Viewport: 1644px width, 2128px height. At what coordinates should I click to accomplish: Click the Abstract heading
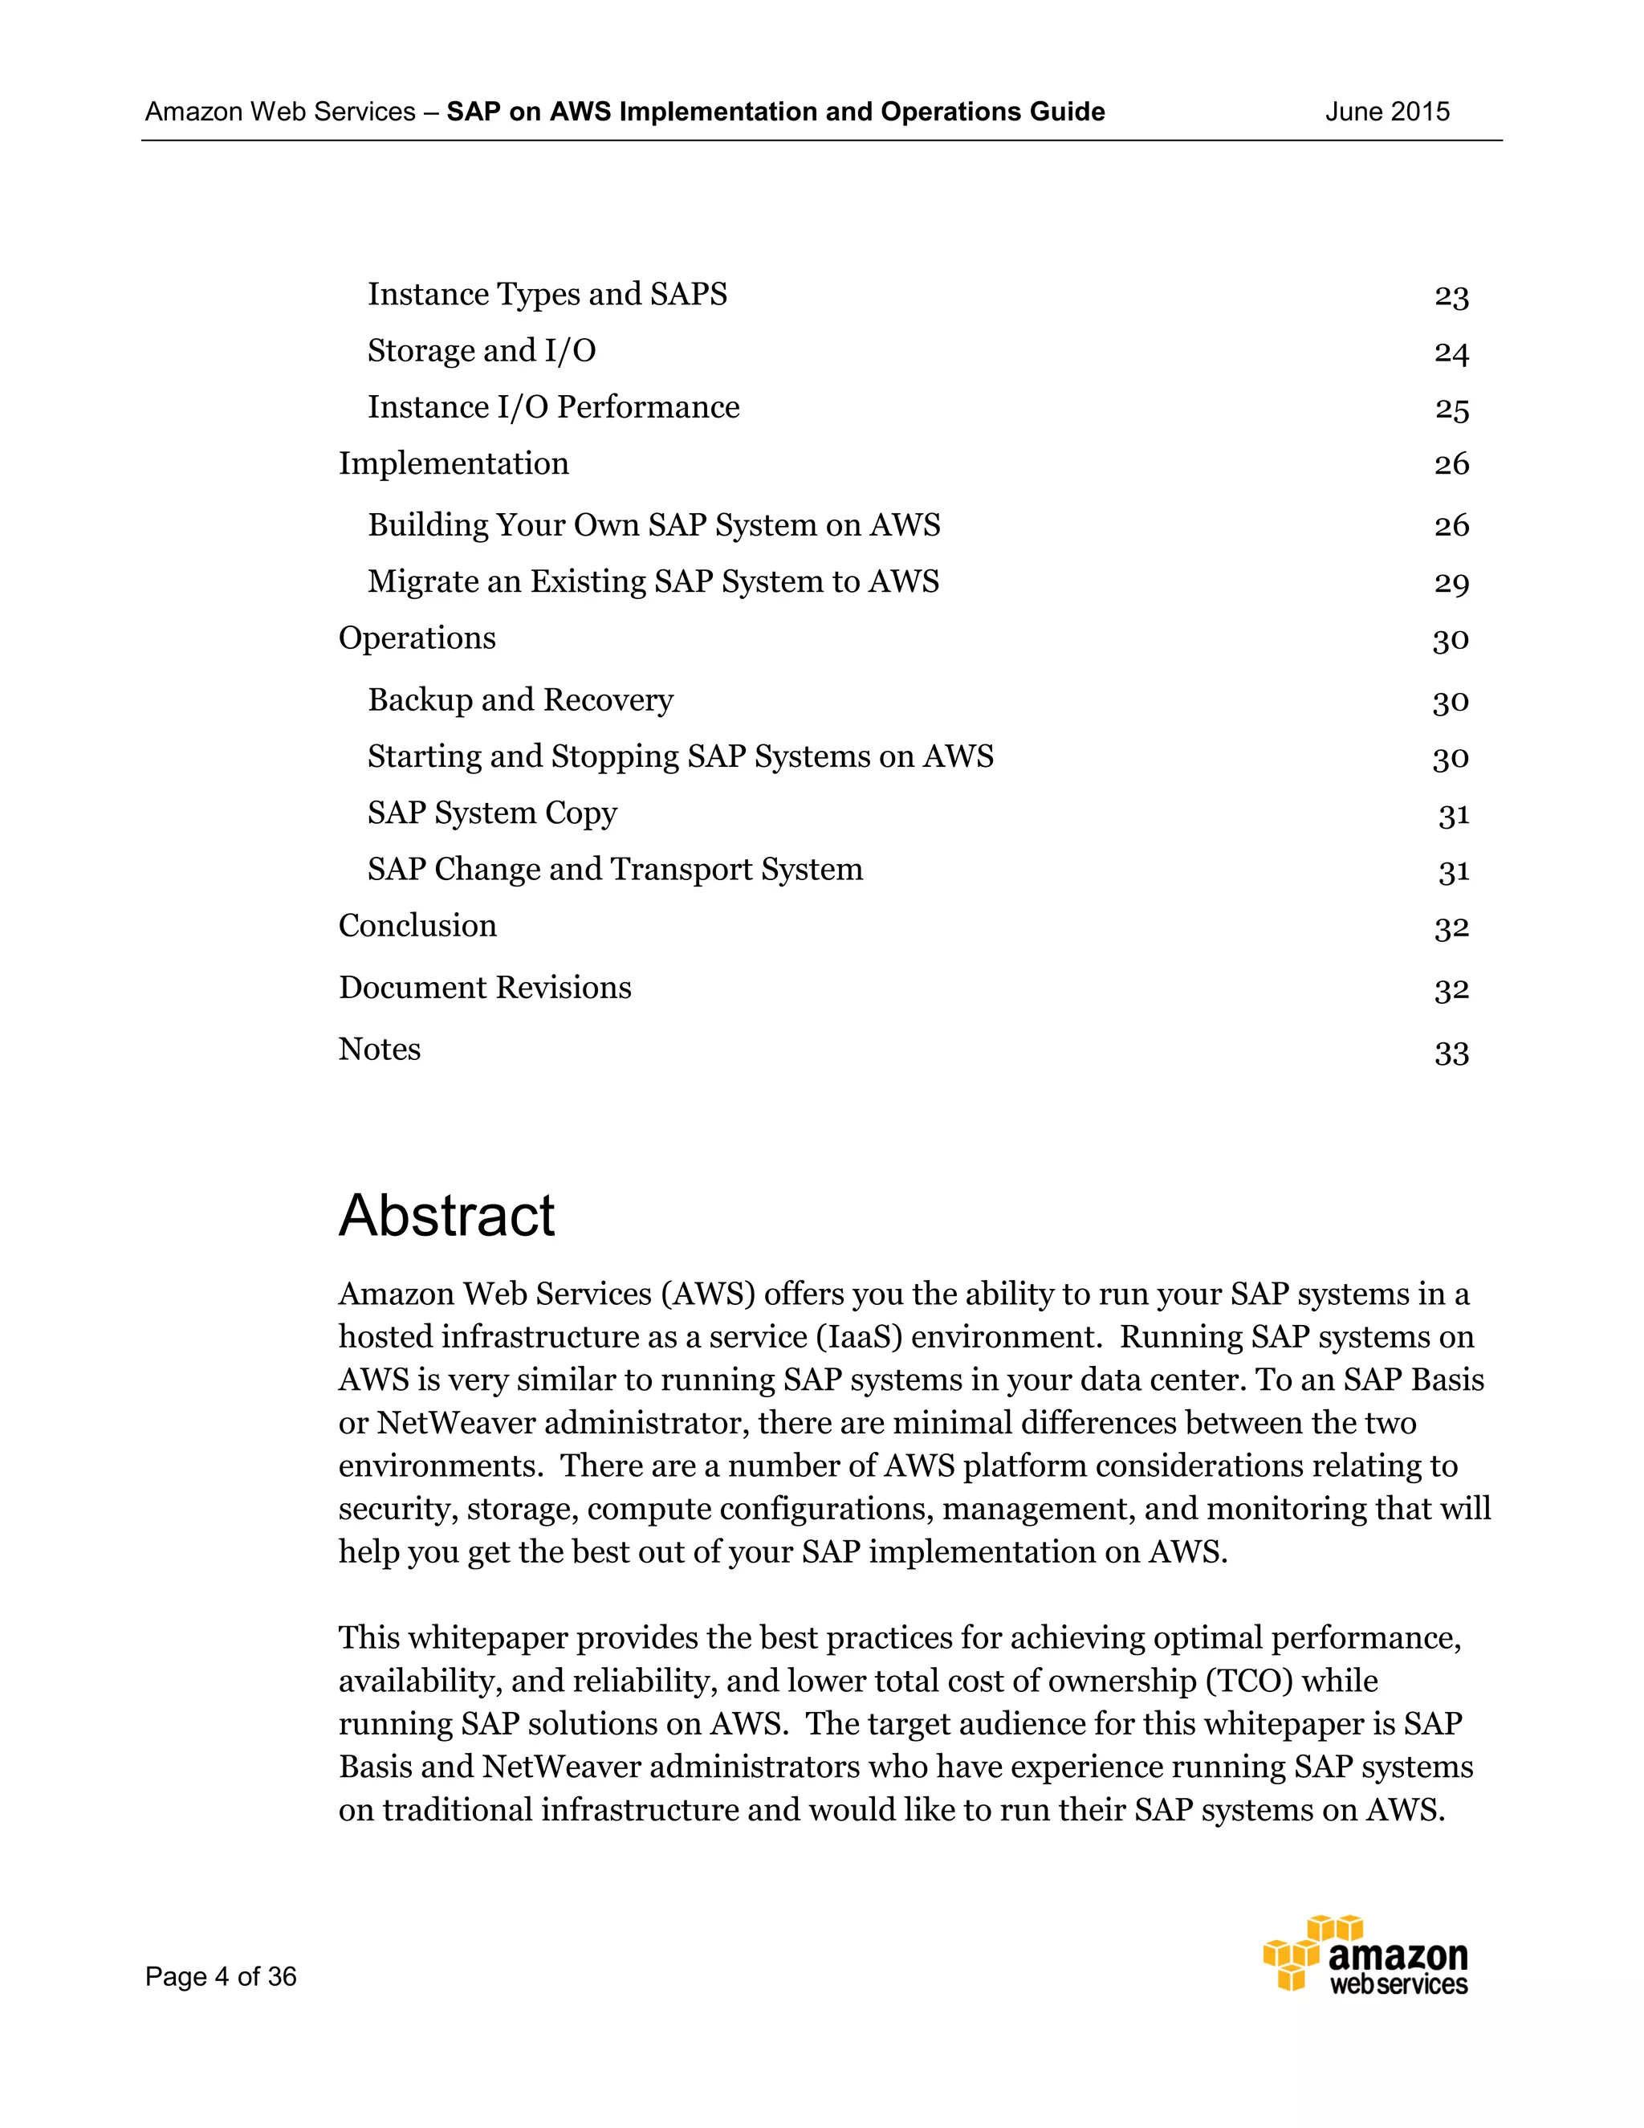click(x=446, y=1215)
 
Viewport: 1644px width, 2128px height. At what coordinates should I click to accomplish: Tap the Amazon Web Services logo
click(x=1365, y=1954)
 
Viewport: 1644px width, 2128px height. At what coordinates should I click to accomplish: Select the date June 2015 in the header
click(x=1387, y=112)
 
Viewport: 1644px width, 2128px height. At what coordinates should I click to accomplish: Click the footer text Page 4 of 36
click(x=221, y=1976)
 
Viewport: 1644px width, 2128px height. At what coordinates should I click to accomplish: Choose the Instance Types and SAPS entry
click(x=547, y=294)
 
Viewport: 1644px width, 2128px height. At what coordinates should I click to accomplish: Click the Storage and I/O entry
click(x=481, y=351)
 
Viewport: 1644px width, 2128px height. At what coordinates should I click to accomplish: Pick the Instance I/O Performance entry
click(x=553, y=407)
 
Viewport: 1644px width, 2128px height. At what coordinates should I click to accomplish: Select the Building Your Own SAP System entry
click(x=653, y=525)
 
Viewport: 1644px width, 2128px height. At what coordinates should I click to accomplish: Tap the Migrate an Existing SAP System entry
click(x=653, y=581)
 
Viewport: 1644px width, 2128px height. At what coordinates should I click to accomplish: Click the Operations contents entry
click(x=417, y=638)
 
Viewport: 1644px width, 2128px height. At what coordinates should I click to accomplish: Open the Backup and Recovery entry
click(x=520, y=699)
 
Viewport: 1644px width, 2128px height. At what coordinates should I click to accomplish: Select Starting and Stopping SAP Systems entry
click(x=680, y=756)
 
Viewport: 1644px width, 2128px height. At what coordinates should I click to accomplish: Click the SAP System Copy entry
click(x=492, y=813)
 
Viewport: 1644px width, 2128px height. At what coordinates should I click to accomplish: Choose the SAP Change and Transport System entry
click(x=615, y=869)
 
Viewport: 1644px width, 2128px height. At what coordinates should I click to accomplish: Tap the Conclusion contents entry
click(x=417, y=926)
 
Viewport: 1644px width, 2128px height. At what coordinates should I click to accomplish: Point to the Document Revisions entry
click(x=485, y=988)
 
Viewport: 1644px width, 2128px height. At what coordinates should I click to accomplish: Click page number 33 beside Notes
click(x=1451, y=1052)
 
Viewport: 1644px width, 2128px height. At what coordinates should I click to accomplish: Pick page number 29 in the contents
click(x=1451, y=583)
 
